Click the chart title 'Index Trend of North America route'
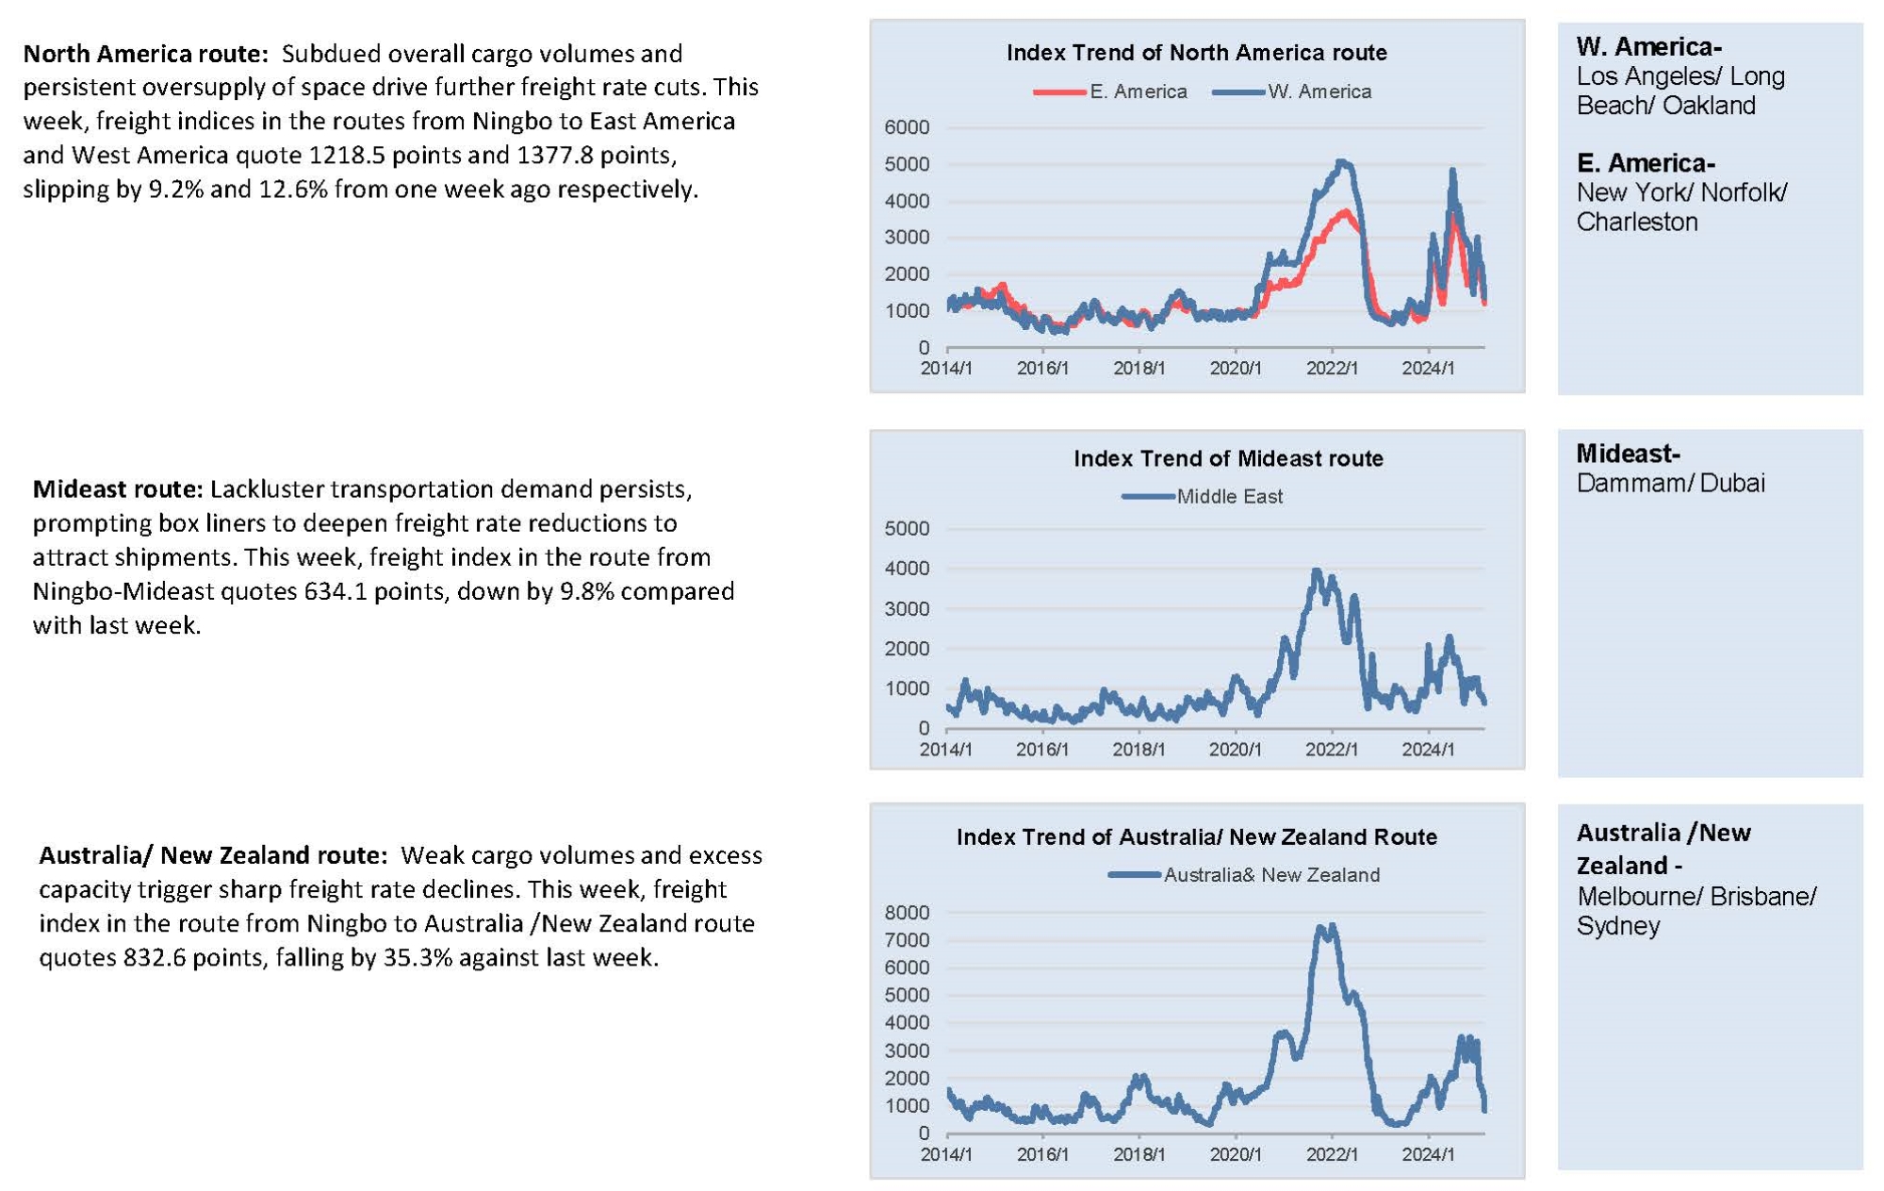pyautogui.click(x=1196, y=53)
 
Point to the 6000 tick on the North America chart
pyautogui.click(x=907, y=127)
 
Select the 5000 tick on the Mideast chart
pyautogui.click(x=907, y=529)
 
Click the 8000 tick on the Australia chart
pyautogui.click(x=907, y=913)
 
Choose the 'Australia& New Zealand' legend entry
pyautogui.click(x=1243, y=875)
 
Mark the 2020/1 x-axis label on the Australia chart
pyautogui.click(x=1236, y=1154)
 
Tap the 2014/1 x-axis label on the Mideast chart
pyautogui.click(x=945, y=750)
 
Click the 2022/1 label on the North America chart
pyautogui.click(x=1332, y=369)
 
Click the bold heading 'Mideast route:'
pyautogui.click(x=118, y=489)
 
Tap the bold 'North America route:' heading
pyautogui.click(x=146, y=54)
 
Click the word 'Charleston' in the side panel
pyautogui.click(x=1637, y=223)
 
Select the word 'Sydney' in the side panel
pyautogui.click(x=1618, y=926)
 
